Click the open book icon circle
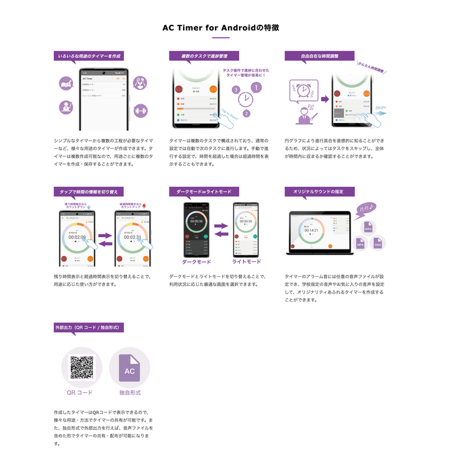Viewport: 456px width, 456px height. (66, 83)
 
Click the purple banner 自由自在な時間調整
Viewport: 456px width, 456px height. (319, 56)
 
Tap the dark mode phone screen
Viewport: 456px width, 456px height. (196, 229)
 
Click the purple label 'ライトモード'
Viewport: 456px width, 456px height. (246, 261)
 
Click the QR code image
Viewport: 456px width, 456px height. (81, 367)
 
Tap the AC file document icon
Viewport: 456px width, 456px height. (130, 368)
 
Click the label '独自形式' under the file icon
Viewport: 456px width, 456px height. (130, 393)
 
